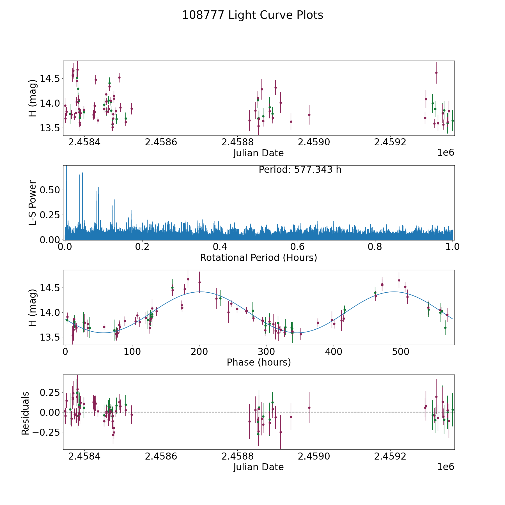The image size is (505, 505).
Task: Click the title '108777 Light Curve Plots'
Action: click(252, 15)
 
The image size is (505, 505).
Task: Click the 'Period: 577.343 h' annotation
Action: click(300, 170)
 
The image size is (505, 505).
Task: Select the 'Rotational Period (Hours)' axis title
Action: click(258, 258)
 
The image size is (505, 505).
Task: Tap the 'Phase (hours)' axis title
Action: click(258, 362)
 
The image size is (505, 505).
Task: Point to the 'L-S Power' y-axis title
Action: click(33, 203)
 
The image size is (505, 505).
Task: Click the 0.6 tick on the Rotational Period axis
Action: click(297, 247)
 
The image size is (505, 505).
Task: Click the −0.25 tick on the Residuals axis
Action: click(46, 432)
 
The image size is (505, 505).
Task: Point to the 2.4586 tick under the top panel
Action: click(161, 142)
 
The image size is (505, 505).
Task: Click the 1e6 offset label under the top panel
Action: click(446, 153)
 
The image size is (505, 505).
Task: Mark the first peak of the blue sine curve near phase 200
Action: click(200, 292)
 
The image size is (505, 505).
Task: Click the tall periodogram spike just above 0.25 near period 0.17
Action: click(131, 210)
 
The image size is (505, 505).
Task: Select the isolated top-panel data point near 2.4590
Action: click(309, 115)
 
